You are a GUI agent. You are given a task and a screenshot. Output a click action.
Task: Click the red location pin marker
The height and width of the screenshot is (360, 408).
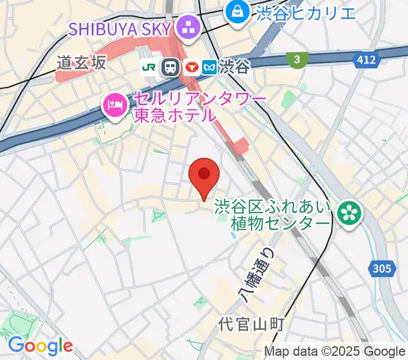pos(204,176)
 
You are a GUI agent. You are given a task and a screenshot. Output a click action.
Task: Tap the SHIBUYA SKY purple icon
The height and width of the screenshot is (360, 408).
pos(188,28)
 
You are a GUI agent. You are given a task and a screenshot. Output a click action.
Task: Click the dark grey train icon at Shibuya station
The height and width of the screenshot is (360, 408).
pos(172,67)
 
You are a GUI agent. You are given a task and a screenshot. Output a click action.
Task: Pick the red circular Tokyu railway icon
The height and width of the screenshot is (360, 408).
pos(190,67)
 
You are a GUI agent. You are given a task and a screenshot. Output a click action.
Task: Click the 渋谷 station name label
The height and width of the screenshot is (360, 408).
pos(235,67)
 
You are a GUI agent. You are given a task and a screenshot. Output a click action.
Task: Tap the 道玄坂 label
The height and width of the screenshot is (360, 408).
pos(82,62)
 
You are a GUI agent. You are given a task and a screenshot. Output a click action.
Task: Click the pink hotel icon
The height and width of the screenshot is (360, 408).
pos(113,106)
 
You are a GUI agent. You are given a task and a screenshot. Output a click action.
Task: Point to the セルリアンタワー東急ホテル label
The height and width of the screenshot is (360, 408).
pos(174,106)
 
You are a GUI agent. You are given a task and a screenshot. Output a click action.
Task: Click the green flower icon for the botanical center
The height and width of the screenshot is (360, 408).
pos(347,212)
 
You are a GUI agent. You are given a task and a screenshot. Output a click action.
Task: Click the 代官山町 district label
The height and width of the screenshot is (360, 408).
pos(251,324)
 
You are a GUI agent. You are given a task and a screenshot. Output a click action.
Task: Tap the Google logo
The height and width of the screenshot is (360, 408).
pos(40,346)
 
